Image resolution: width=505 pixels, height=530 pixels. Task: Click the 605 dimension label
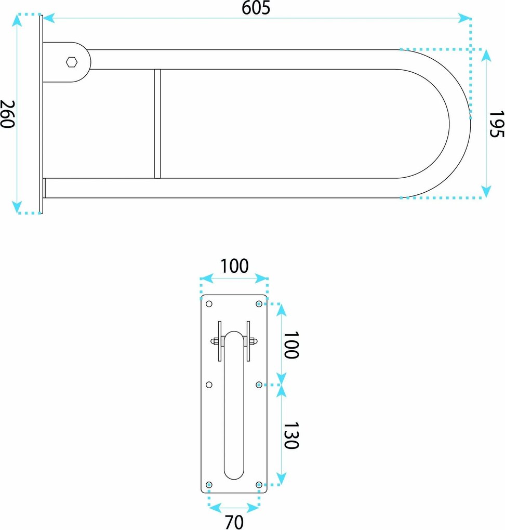[256, 8]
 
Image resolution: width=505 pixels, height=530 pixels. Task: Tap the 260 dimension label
[7, 114]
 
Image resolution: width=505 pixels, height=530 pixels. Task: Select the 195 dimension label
[497, 124]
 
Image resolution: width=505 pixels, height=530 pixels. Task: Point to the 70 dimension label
[234, 522]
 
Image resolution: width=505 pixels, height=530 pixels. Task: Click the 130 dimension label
[291, 435]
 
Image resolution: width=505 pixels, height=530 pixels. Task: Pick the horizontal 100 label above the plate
[235, 266]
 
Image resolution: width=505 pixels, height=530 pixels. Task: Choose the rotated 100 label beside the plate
[291, 345]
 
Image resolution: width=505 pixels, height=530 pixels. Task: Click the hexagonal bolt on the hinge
[71, 62]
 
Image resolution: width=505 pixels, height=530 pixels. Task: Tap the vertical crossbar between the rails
[157, 124]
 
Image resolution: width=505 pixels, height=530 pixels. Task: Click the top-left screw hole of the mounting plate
[209, 304]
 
